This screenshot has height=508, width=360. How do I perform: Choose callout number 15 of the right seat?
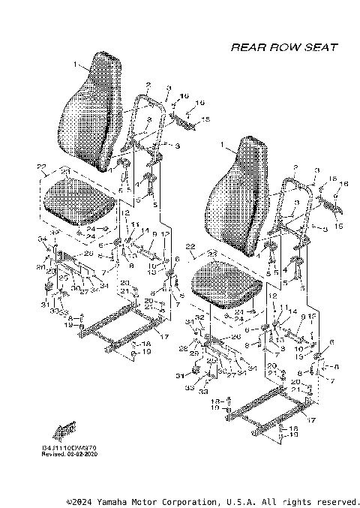(337, 226)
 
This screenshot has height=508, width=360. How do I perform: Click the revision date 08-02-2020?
(81, 455)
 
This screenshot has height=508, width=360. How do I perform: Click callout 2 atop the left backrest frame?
(149, 85)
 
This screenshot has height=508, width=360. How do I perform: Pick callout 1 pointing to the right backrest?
(222, 143)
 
